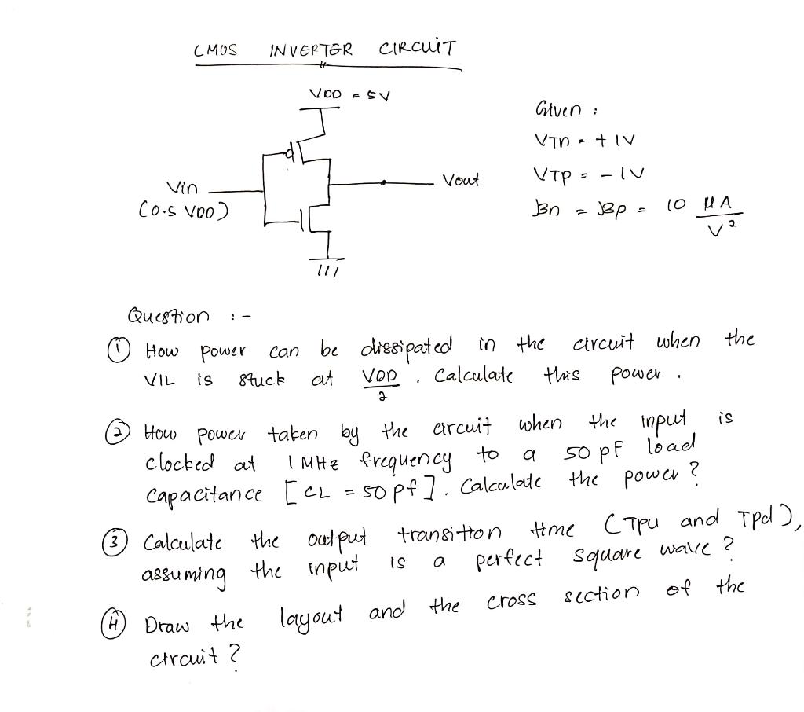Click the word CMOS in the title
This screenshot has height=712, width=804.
(215, 51)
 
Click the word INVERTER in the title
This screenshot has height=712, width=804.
(310, 51)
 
